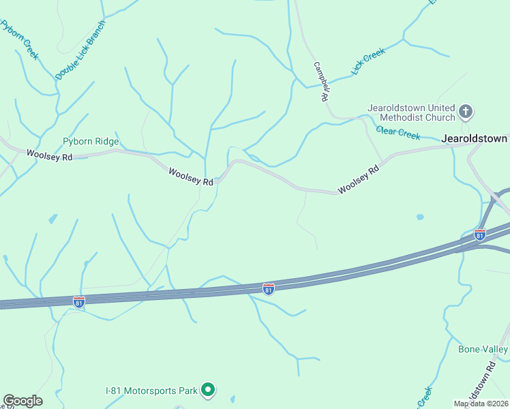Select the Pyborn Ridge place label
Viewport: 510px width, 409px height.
[91, 142]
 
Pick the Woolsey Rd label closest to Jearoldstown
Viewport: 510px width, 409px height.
[358, 179]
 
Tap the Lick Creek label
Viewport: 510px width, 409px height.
[368, 61]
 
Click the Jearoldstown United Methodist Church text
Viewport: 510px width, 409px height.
[411, 112]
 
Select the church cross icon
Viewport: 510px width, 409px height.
[466, 112]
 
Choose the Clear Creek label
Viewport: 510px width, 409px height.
[398, 133]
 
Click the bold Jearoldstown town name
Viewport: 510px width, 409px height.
[475, 138]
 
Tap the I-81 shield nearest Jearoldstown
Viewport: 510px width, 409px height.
[480, 235]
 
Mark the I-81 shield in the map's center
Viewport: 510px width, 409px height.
[269, 290]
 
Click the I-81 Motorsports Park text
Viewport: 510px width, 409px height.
[151, 391]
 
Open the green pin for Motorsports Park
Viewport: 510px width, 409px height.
[209, 391]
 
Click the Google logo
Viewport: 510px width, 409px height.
[22, 401]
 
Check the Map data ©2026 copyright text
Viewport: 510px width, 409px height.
[481, 404]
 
